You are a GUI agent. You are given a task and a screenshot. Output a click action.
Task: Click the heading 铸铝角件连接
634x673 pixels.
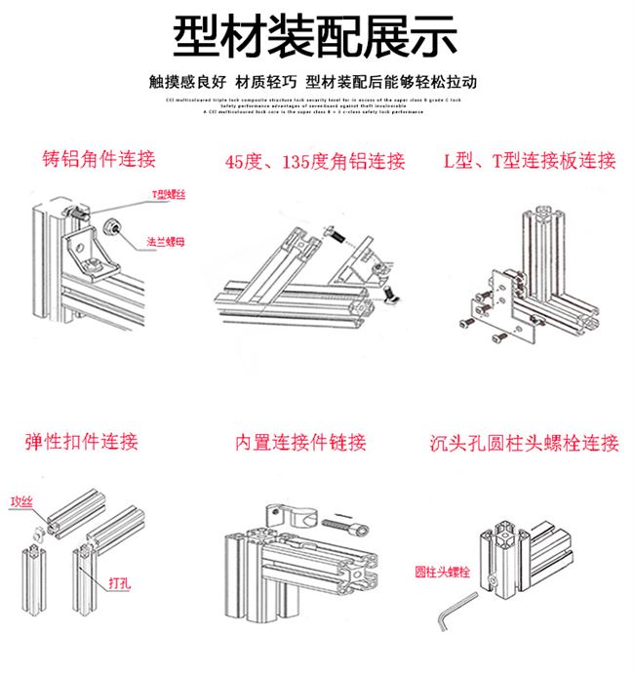tap(99, 158)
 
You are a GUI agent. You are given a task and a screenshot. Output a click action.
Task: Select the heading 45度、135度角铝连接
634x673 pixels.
tap(314, 162)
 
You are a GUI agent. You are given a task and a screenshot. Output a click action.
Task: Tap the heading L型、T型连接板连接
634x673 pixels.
tap(530, 161)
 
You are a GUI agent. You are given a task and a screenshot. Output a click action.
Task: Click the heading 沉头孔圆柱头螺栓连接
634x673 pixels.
tap(524, 444)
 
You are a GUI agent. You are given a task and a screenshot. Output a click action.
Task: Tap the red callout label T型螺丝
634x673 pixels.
tap(168, 195)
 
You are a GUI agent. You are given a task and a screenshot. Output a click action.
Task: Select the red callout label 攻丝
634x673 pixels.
tap(20, 501)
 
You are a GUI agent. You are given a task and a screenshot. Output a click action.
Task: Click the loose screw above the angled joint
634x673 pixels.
tap(334, 234)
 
